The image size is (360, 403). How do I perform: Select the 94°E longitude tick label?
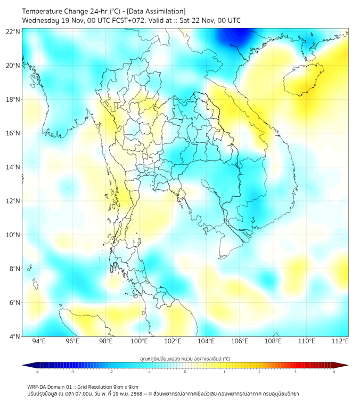39,341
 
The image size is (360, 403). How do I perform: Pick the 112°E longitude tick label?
340,341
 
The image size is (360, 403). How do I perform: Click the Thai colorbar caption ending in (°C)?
185,359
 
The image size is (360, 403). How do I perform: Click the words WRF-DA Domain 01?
49,386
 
